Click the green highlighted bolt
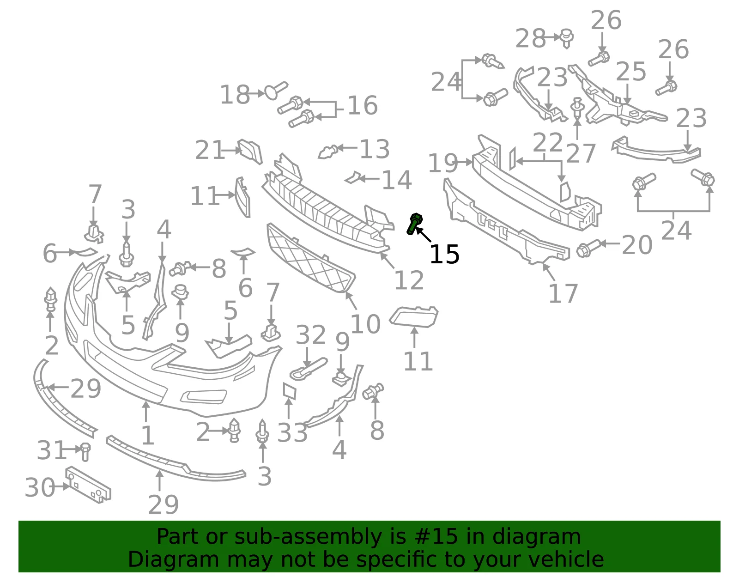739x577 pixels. (414, 224)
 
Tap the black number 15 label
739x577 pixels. (444, 255)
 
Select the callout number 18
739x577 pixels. (235, 94)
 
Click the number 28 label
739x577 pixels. (531, 38)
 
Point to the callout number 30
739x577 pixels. (40, 487)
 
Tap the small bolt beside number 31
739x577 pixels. (85, 452)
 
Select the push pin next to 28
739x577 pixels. (566, 38)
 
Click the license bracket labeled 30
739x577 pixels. (88, 485)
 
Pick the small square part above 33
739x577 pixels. (290, 391)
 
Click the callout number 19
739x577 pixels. (443, 163)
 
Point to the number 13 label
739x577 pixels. (375, 149)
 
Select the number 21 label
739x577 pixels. (210, 150)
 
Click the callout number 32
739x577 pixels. (311, 334)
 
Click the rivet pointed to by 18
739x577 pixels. (276, 91)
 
